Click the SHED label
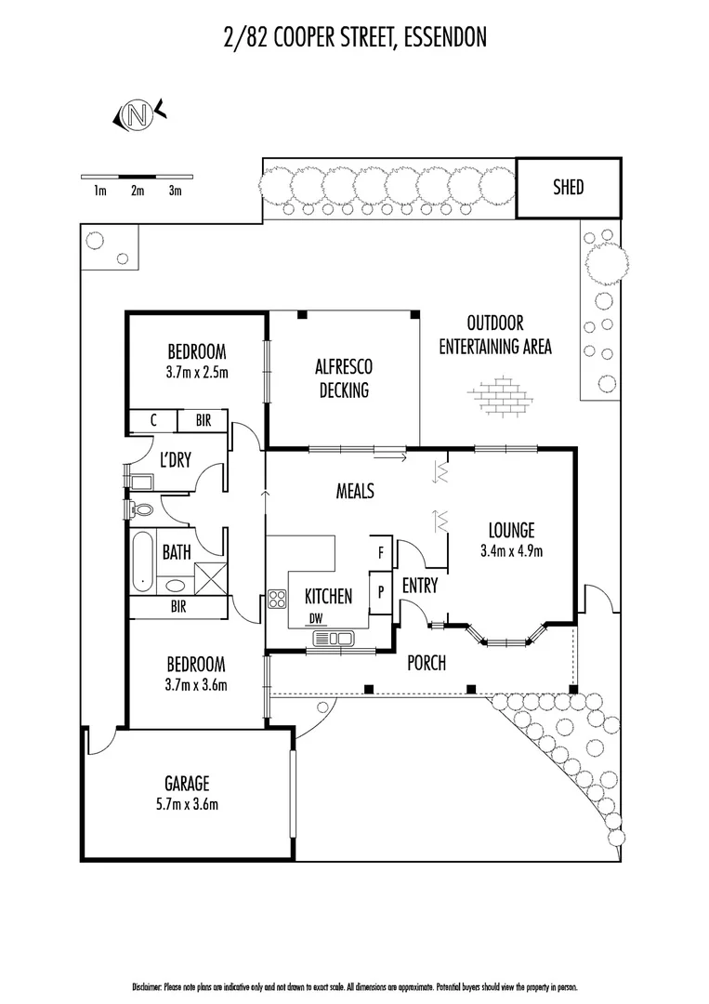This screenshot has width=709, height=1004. tap(568, 187)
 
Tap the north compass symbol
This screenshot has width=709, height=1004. tap(138, 115)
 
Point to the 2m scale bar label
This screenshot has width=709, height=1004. tap(138, 192)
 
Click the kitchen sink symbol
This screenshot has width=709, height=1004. tap(334, 639)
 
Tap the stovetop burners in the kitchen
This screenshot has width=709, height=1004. tap(277, 599)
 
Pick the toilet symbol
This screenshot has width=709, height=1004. tap(142, 509)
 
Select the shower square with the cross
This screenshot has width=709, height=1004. tap(210, 577)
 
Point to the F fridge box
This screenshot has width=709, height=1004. tap(381, 552)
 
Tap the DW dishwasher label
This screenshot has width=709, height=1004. tap(317, 619)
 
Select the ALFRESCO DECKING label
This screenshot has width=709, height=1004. tap(343, 378)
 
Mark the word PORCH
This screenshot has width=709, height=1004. tap(427, 663)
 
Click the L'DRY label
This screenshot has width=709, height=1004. tap(175, 459)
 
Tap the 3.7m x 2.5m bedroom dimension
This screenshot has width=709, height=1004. tap(196, 372)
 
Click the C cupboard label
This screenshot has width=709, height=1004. tap(152, 421)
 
